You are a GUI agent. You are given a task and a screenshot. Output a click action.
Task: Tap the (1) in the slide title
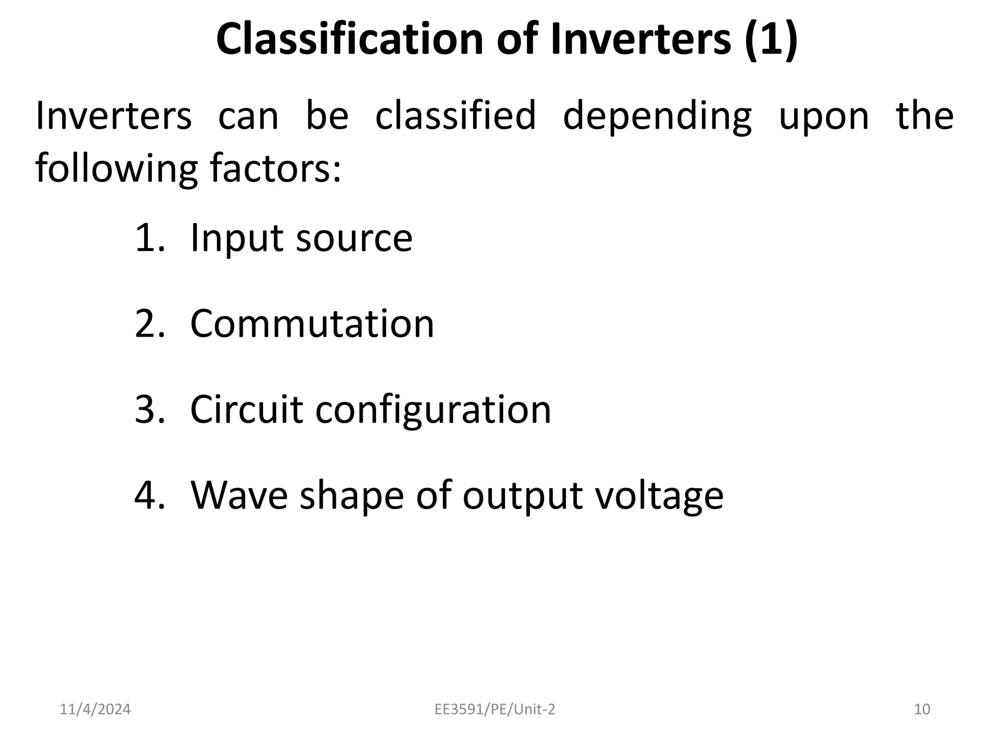coord(771,39)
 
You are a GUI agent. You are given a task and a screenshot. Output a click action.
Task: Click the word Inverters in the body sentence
coord(114,116)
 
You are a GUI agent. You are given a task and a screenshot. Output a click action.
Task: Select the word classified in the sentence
coord(455,116)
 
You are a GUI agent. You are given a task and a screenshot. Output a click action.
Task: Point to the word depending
coord(657,117)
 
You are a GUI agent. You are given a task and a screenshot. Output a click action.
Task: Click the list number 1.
coord(150,238)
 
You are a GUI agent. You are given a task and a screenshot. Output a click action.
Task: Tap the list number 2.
coord(150,324)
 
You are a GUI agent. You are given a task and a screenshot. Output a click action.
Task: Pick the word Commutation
coord(312,324)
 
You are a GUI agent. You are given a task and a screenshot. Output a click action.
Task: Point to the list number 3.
coord(150,410)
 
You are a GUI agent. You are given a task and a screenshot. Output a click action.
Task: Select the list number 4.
coord(150,495)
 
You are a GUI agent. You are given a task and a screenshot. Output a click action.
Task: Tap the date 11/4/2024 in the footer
coord(95,709)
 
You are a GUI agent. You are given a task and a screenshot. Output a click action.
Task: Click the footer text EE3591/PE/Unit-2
coord(495,709)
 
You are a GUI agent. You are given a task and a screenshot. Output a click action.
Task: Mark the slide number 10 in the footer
coord(922,709)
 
